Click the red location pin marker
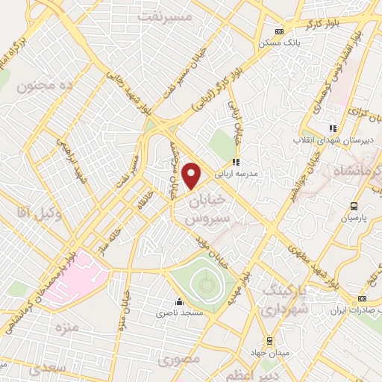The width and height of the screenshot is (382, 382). point(192,175)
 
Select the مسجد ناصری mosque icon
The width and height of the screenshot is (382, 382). point(179,302)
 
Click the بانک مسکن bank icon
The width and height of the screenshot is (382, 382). point(279,31)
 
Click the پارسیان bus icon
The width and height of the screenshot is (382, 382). point(354,206)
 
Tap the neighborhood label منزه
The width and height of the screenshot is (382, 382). point(66,328)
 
